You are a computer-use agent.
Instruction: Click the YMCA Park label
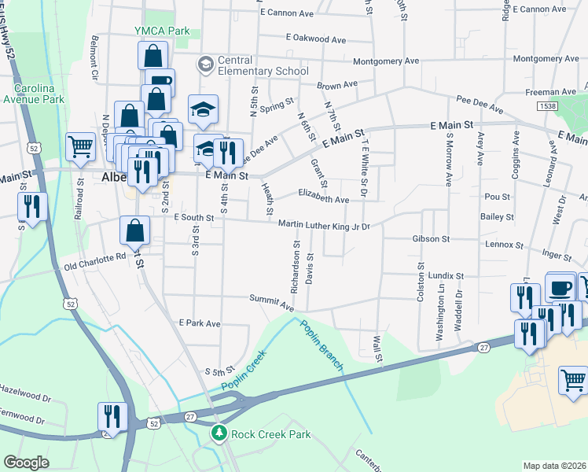click(162, 31)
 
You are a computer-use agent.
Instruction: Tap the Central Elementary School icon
click(205, 63)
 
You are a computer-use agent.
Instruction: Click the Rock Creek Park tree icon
click(219, 433)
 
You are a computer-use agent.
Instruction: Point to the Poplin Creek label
click(244, 371)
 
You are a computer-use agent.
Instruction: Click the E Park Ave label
click(200, 323)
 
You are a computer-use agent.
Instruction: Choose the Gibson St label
click(430, 238)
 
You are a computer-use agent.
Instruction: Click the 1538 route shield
click(547, 105)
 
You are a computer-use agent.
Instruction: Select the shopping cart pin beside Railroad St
click(80, 146)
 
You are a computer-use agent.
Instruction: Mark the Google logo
click(27, 463)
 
